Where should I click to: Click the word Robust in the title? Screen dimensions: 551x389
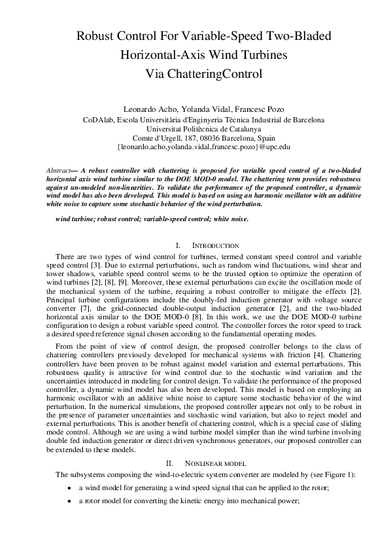95,35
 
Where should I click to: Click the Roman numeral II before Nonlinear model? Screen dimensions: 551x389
170,463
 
